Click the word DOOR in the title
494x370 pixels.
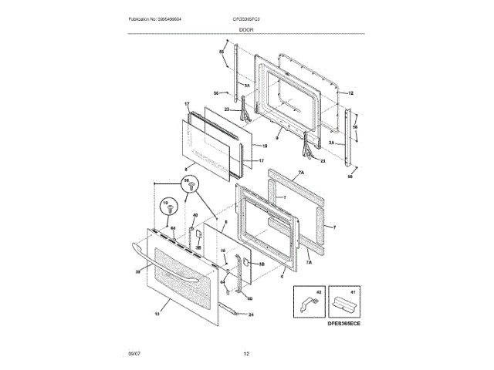[246, 29]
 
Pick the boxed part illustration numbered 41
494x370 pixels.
[343, 302]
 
